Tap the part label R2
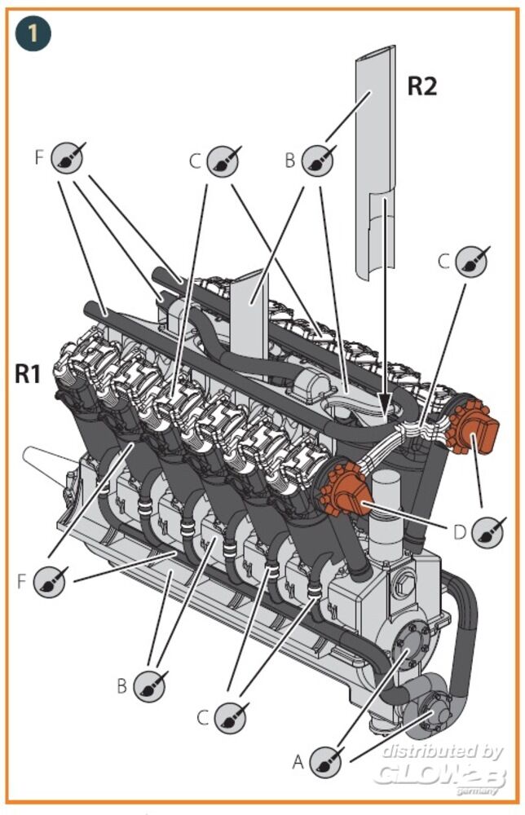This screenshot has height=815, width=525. click(x=421, y=86)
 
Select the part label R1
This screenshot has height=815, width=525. click(x=29, y=375)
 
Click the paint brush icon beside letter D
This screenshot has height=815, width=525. click(x=487, y=531)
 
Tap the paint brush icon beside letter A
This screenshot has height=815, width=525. click(x=327, y=760)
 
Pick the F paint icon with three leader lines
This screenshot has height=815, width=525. click(x=67, y=158)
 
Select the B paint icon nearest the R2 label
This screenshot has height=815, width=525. click(x=318, y=160)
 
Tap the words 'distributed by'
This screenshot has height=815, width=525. click(x=442, y=751)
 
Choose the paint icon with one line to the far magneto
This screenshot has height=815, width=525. click(x=471, y=262)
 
